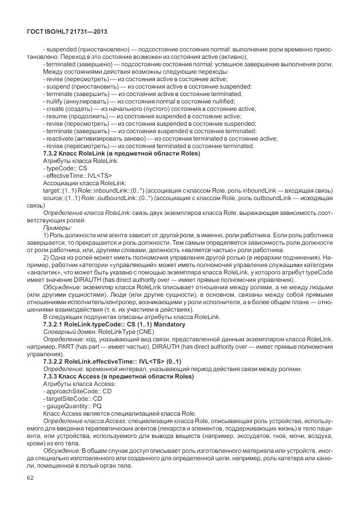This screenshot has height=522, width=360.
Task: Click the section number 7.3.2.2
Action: point(58,362)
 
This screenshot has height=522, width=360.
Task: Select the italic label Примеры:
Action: point(57,228)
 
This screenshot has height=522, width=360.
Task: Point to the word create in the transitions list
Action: point(55,109)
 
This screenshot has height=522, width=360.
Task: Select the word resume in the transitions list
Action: point(57,116)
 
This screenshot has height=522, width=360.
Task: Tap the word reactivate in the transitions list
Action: point(61,138)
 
